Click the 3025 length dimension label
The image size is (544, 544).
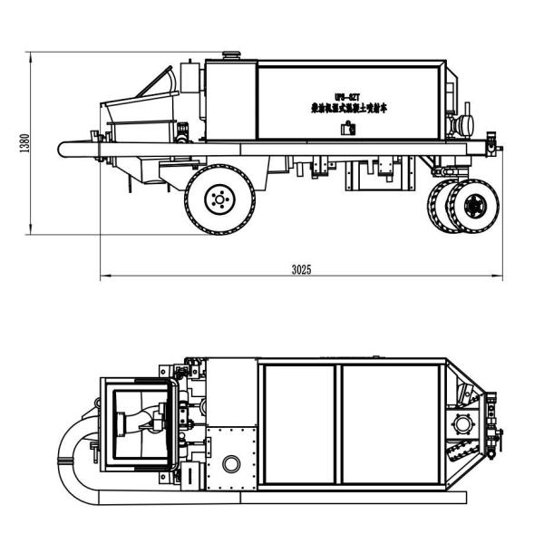(x=302, y=269)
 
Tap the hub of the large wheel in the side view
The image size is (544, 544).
(x=219, y=198)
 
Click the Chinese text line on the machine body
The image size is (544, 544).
(x=345, y=108)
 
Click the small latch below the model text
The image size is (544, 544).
(x=345, y=129)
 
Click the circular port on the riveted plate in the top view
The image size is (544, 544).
(x=233, y=463)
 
